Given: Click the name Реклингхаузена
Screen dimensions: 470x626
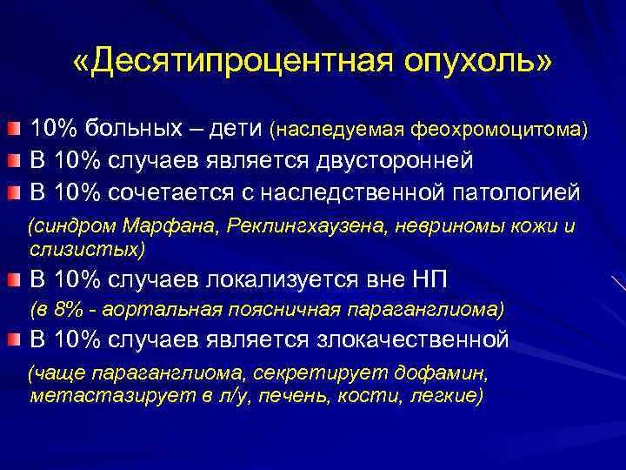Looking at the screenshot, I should (x=310, y=227).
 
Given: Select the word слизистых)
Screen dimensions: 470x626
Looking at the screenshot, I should (x=87, y=249).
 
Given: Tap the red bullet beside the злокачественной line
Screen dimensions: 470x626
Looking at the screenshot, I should (x=15, y=339).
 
